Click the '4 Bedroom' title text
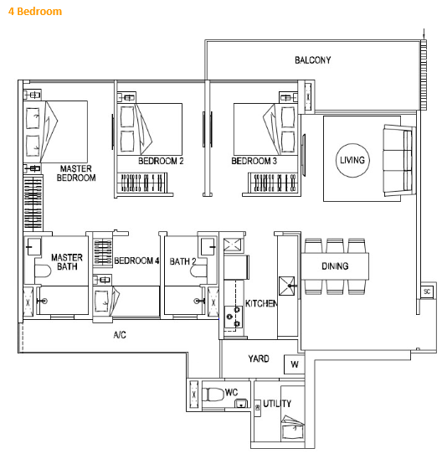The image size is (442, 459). click(34, 13)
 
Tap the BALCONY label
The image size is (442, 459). click(312, 60)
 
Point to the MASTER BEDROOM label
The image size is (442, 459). click(76, 173)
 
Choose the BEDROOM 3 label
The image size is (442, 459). click(254, 161)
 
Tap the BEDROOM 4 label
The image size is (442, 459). click(136, 261)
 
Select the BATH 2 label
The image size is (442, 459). click(182, 261)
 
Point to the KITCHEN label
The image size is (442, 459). click(261, 303)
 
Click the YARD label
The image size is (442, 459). click(259, 359)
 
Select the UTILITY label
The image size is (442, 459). click(277, 404)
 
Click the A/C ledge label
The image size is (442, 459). click(121, 335)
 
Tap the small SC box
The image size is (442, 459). click(426, 291)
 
